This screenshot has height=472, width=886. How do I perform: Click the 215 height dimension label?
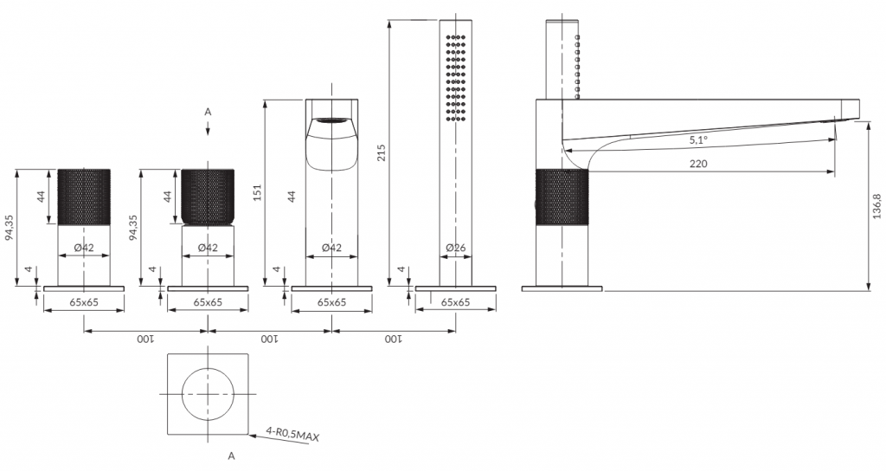(x=381, y=152)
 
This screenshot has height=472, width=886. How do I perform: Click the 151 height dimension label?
(x=257, y=193)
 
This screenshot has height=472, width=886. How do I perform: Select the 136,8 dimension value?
(x=876, y=206)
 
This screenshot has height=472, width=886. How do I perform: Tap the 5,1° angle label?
(x=698, y=141)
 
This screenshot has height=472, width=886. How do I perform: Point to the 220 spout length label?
(x=698, y=164)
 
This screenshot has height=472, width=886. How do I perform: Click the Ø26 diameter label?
(x=455, y=248)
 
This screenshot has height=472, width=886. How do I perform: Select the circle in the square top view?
(x=208, y=368)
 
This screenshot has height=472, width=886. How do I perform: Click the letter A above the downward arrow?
(x=208, y=112)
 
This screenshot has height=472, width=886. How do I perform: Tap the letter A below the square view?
(x=231, y=456)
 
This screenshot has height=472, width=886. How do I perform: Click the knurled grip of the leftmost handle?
(x=84, y=197)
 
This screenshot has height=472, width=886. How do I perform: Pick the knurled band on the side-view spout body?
(x=562, y=197)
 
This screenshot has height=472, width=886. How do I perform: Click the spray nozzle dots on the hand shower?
(x=456, y=78)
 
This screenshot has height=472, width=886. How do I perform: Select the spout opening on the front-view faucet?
(x=331, y=120)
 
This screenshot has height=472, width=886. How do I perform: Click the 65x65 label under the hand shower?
(x=455, y=302)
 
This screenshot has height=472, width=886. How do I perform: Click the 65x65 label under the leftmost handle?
(x=84, y=302)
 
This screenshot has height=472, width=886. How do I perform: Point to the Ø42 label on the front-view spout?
(x=331, y=248)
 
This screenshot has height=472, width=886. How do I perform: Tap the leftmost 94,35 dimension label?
(x=10, y=228)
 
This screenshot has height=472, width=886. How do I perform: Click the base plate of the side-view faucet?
(x=562, y=289)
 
